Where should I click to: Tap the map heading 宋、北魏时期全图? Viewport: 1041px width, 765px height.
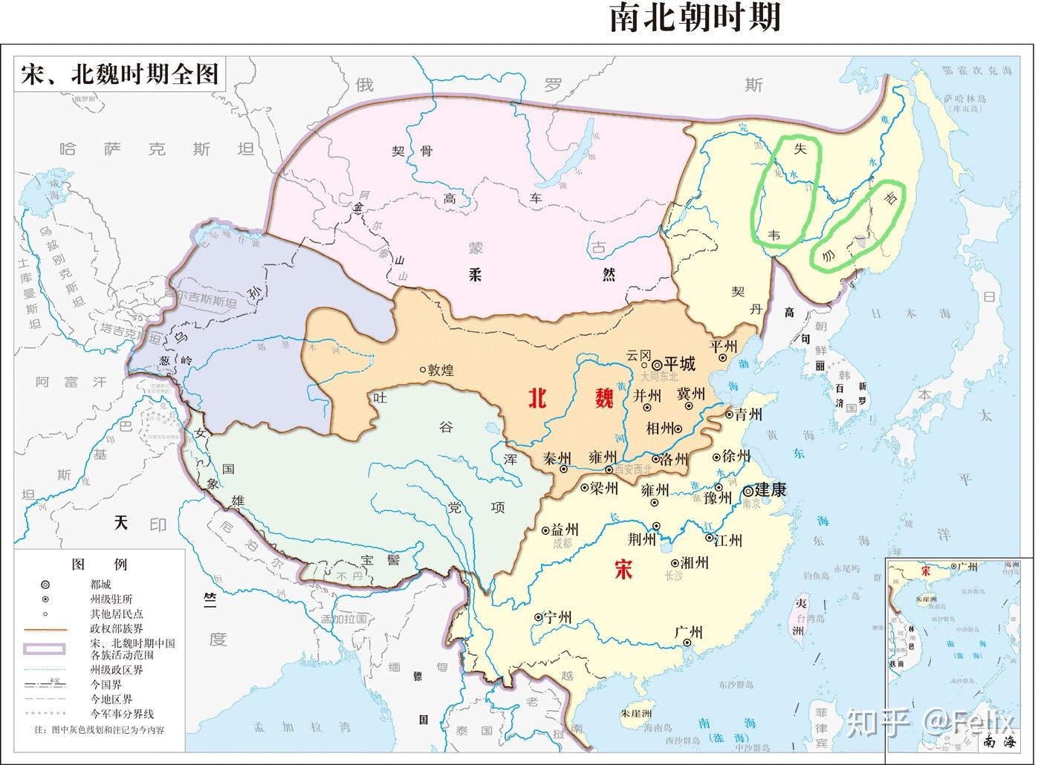click(x=120, y=74)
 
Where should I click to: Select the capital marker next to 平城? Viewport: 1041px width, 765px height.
click(x=657, y=365)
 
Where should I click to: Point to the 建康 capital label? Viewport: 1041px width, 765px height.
click(x=770, y=490)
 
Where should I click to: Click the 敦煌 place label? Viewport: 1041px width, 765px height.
click(x=441, y=370)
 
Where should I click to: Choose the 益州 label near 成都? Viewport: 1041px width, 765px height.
click(x=565, y=530)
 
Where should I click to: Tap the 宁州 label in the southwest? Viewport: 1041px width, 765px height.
click(x=557, y=617)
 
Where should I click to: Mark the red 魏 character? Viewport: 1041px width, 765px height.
click(x=604, y=398)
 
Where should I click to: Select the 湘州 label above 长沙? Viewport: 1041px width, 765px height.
click(x=693, y=562)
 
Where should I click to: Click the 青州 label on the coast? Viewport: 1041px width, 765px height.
click(x=748, y=414)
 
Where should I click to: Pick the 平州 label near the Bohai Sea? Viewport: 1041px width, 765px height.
click(x=723, y=346)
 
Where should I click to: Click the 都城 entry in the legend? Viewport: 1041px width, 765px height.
click(x=100, y=585)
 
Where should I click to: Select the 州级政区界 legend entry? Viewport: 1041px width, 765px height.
click(x=116, y=670)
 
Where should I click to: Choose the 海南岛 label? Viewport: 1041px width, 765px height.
click(x=656, y=727)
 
